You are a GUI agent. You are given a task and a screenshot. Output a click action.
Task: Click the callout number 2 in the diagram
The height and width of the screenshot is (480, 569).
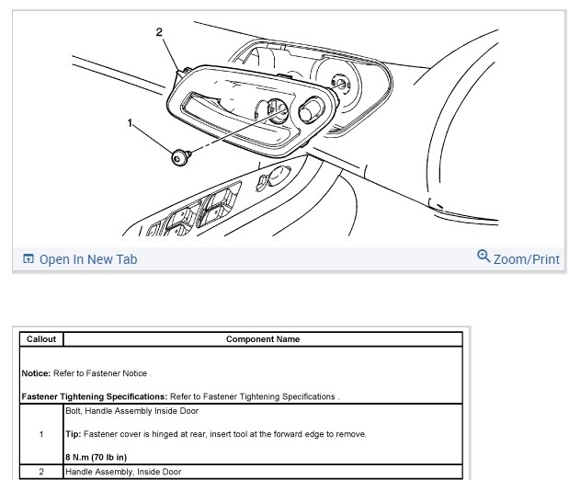(160, 32)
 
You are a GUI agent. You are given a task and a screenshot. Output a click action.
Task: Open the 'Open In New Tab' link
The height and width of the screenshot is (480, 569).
(87, 259)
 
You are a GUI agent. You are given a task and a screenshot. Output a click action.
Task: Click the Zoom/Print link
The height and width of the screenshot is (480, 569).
(526, 259)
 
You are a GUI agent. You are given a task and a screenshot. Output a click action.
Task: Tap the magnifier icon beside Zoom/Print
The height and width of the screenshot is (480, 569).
(484, 257)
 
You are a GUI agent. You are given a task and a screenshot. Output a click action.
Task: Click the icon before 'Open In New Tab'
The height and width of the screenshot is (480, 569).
(28, 259)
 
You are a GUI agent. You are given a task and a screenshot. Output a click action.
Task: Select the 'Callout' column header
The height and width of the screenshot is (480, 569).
(41, 339)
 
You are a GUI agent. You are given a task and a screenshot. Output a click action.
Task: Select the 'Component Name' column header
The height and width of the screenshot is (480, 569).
(263, 339)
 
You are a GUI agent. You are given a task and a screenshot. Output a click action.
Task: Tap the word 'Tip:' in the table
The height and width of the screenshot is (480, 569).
(75, 433)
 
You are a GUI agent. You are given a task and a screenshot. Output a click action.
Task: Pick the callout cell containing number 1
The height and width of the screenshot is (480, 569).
(41, 434)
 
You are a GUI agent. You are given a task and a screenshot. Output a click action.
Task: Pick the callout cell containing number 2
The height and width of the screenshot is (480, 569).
(41, 472)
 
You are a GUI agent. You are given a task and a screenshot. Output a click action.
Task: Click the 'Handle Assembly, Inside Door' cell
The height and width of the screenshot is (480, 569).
(123, 472)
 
